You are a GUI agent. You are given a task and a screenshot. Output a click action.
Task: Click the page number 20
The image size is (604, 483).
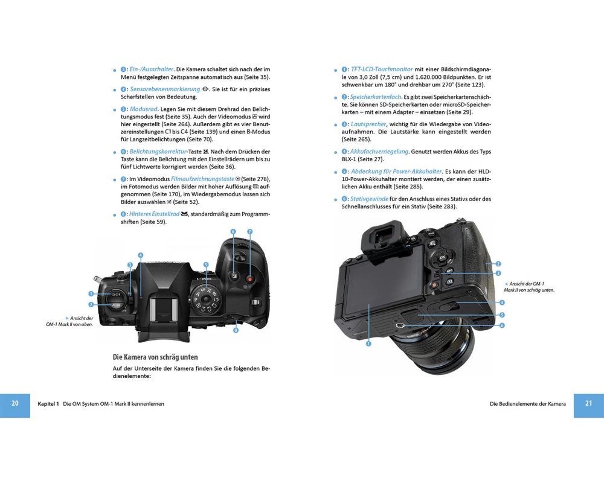15,403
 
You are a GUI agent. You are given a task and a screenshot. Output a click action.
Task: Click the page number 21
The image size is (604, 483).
588,403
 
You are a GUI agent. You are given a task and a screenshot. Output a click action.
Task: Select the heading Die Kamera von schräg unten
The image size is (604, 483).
155,357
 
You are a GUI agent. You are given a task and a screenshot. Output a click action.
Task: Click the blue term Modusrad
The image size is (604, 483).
143,109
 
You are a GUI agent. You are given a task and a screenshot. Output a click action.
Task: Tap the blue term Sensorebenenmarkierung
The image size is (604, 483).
165,89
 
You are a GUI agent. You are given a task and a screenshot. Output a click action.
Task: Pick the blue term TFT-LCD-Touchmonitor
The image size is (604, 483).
382,69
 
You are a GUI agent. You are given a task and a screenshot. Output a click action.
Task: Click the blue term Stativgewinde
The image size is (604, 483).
369,199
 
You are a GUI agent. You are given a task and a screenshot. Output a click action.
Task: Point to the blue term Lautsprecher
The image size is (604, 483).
368,124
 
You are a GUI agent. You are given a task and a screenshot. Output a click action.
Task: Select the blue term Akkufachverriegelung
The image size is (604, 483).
379,152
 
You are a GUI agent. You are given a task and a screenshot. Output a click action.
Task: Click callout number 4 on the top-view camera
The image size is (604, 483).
141,255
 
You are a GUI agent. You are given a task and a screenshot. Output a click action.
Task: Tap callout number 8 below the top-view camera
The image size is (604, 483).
236,330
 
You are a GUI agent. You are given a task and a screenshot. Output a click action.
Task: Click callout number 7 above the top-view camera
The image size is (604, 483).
249,231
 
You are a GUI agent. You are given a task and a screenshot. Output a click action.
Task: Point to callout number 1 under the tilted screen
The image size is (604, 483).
368,344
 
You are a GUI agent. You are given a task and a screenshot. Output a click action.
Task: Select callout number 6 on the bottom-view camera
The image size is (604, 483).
502,325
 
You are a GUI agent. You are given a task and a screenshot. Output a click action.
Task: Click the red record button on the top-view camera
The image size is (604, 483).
249,278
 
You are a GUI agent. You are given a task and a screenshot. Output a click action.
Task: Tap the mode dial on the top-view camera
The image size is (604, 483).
205,298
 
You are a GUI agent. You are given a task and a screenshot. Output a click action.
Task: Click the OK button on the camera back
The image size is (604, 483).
442,257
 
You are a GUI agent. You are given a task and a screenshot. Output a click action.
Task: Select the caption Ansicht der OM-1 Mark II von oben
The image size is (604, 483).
69,321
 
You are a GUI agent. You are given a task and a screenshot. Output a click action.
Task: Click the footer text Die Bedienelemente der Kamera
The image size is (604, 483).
528,404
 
